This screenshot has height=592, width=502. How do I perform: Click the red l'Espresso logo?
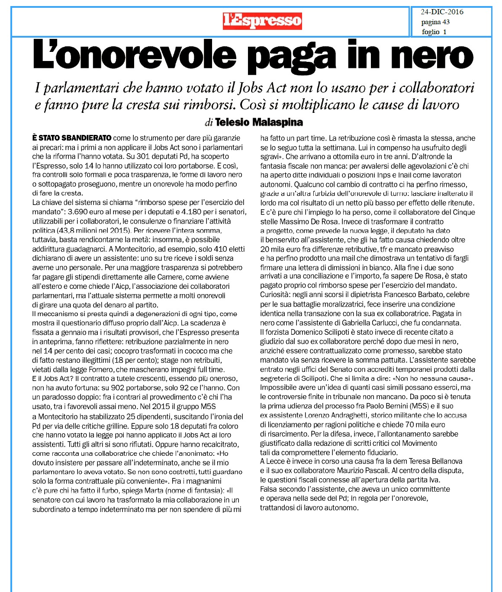coord(262,21)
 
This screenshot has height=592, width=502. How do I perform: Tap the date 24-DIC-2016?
coord(442,12)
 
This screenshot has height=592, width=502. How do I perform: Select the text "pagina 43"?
coord(435,22)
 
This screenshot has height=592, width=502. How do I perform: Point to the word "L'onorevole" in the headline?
coord(135,55)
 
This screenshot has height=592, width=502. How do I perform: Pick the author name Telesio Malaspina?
coord(259,122)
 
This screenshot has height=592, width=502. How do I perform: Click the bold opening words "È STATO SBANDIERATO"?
coord(72,138)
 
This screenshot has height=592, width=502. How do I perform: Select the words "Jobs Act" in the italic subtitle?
coord(262,88)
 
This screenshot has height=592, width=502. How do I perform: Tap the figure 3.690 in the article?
coord(80,211)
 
